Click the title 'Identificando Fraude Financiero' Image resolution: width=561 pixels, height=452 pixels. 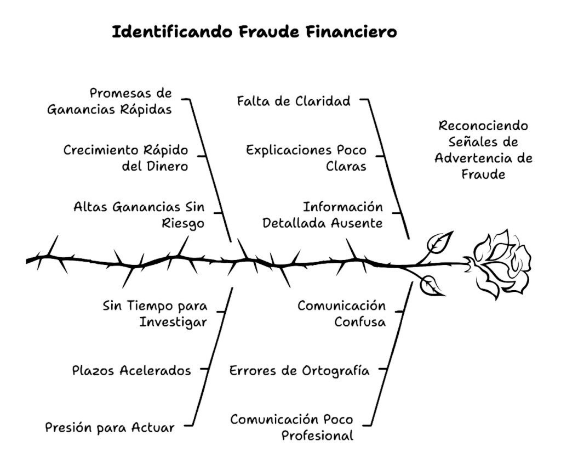point(254,32)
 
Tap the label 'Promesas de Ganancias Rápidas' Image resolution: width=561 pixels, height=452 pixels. point(110,101)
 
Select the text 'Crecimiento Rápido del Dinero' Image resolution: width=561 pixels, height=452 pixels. point(126,157)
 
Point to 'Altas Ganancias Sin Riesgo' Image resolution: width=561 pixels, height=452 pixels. point(139,216)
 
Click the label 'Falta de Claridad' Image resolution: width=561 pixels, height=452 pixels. point(294,101)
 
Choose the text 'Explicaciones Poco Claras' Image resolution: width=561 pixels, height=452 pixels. point(306,157)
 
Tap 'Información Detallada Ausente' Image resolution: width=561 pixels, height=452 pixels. point(323,216)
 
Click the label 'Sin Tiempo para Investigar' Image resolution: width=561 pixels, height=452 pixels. point(154,313)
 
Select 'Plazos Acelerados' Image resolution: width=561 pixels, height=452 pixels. point(131,370)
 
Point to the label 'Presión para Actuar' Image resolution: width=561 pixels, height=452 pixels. point(110,427)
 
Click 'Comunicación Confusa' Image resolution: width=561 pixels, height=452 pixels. point(342,313)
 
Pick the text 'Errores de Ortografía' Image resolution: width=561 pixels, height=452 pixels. point(299,370)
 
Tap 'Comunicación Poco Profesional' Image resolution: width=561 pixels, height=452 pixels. point(291,427)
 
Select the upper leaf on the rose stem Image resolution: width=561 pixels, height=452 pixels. point(440,241)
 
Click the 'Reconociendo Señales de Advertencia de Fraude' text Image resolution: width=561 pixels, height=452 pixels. point(484,150)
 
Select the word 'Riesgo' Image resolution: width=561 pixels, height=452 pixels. point(183,224)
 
